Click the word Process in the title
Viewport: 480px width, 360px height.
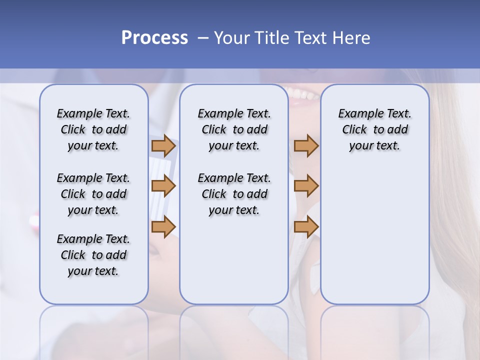tap(154, 38)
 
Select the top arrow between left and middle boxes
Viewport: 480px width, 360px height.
tap(163, 145)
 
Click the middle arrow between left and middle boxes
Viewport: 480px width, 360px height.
tap(163, 186)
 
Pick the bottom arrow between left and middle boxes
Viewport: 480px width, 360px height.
tap(163, 226)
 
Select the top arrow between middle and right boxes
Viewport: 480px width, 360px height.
tap(306, 145)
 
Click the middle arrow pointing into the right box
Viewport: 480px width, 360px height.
tap(306, 186)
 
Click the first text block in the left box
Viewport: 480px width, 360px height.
tap(93, 129)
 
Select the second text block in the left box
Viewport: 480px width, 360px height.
tap(93, 194)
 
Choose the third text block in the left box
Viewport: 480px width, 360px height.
tap(93, 255)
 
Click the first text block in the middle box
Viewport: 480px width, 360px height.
tap(234, 129)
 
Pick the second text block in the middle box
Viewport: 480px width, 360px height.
tap(234, 194)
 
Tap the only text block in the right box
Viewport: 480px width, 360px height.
tap(374, 129)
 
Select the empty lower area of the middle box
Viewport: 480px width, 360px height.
tap(234, 260)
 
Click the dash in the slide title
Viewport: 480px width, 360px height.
tap(203, 38)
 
